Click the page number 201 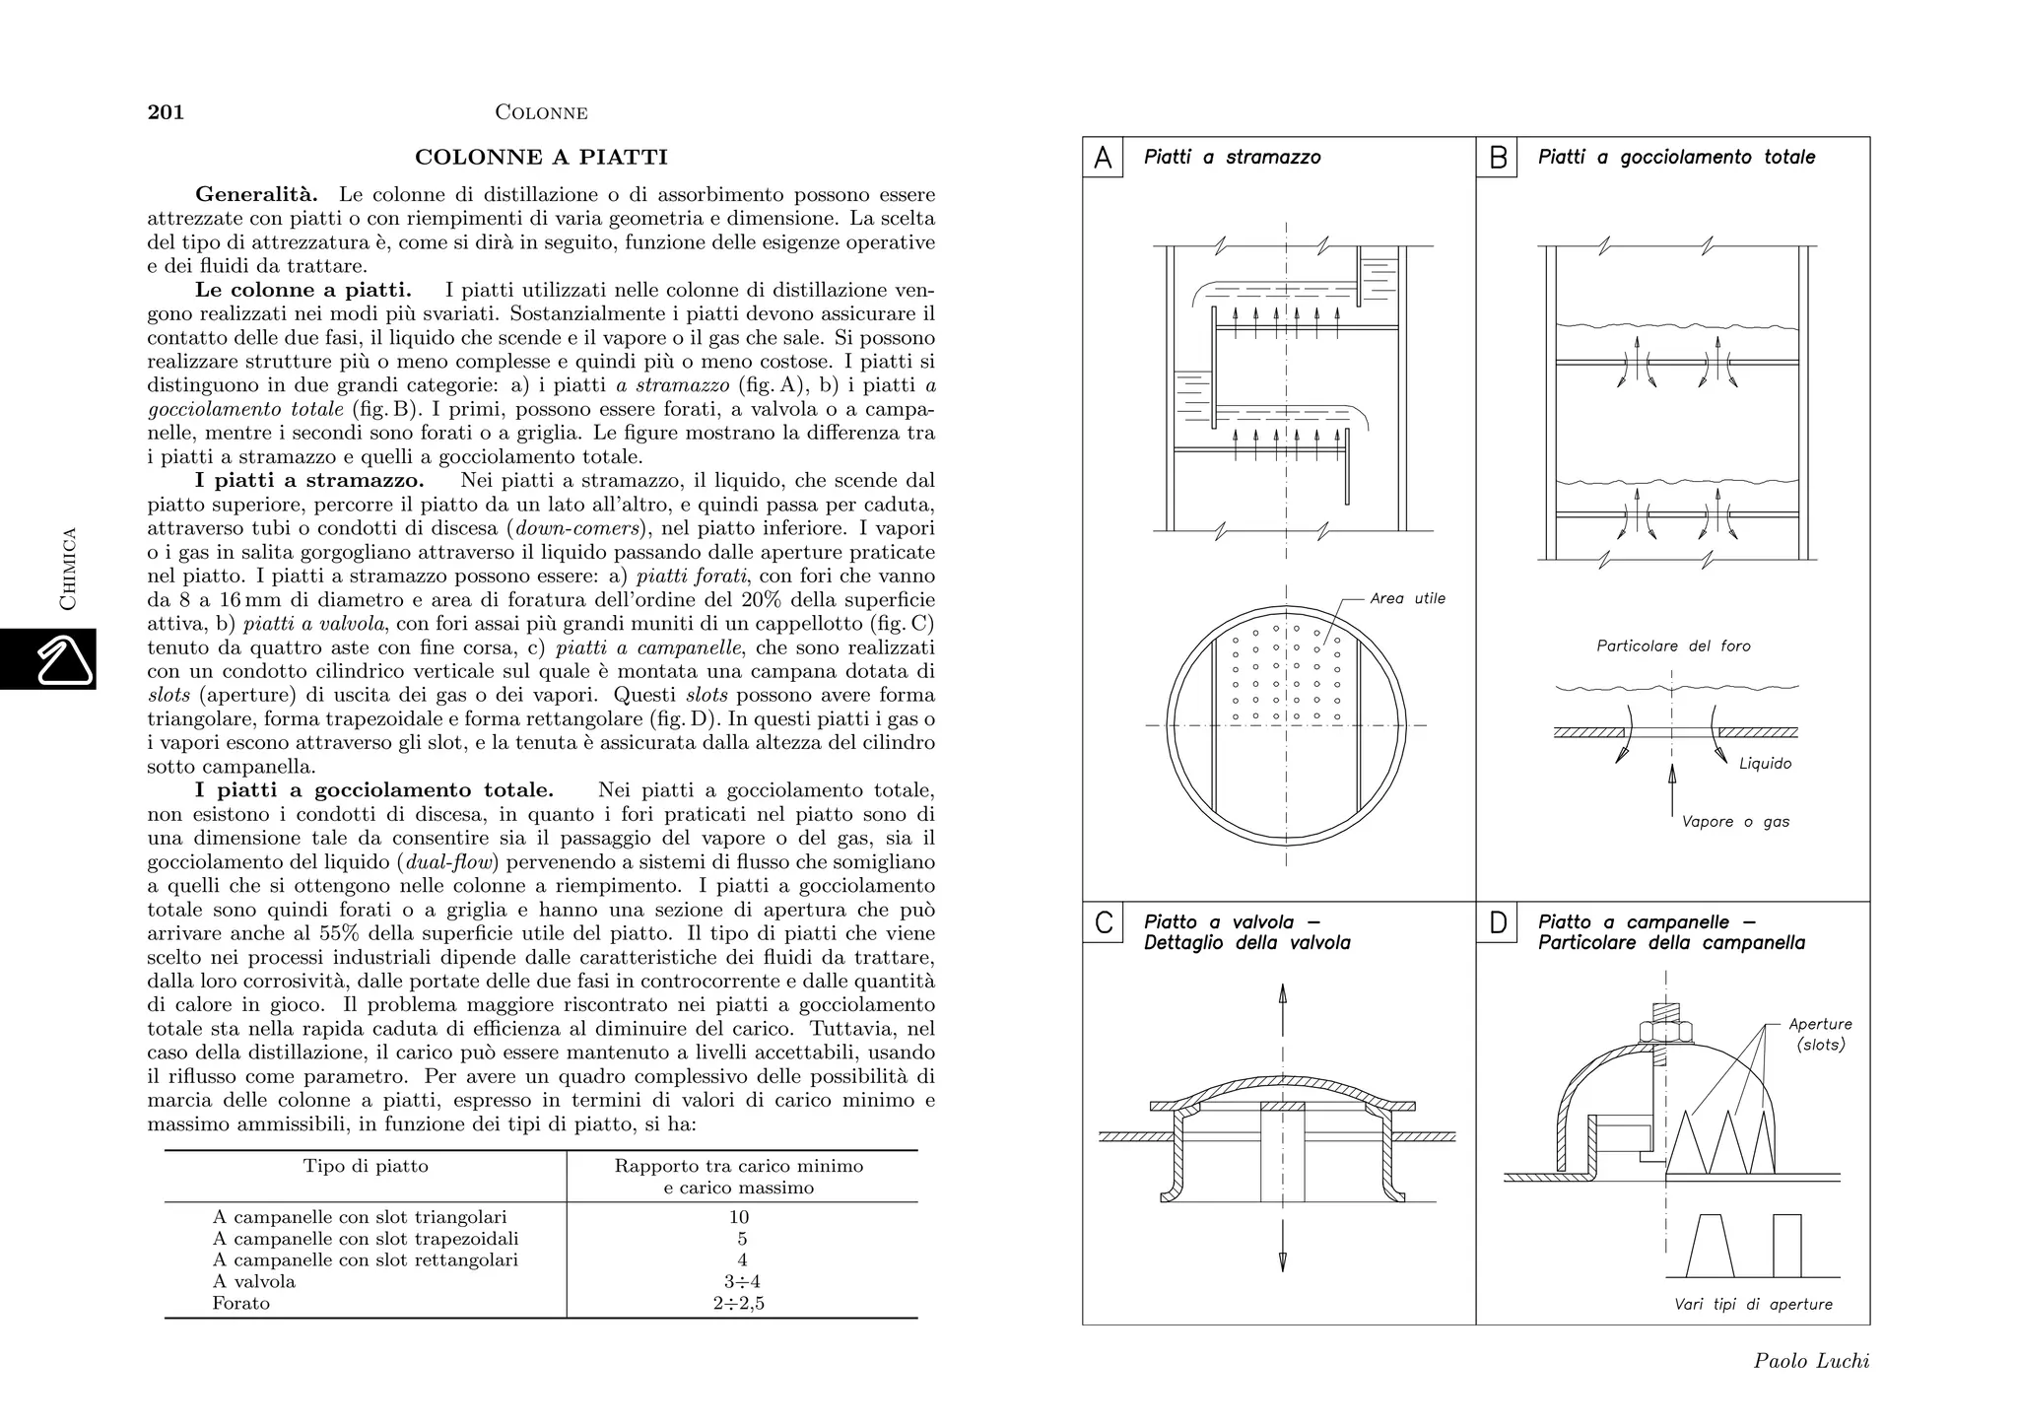click(166, 112)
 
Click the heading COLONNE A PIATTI click(541, 158)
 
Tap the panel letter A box click(1103, 158)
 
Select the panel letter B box click(1497, 158)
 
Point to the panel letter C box click(1103, 923)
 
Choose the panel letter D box click(1497, 923)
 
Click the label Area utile click(1407, 598)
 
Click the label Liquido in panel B click(1765, 764)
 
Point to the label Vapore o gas click(1735, 822)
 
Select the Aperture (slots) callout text click(1820, 1035)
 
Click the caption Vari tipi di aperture click(1753, 1305)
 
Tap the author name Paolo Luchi click(1811, 1361)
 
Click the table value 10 click(739, 1217)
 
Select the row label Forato click(241, 1304)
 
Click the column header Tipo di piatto click(366, 1167)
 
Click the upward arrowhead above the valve click(1282, 992)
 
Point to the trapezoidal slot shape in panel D click(1710, 1246)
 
